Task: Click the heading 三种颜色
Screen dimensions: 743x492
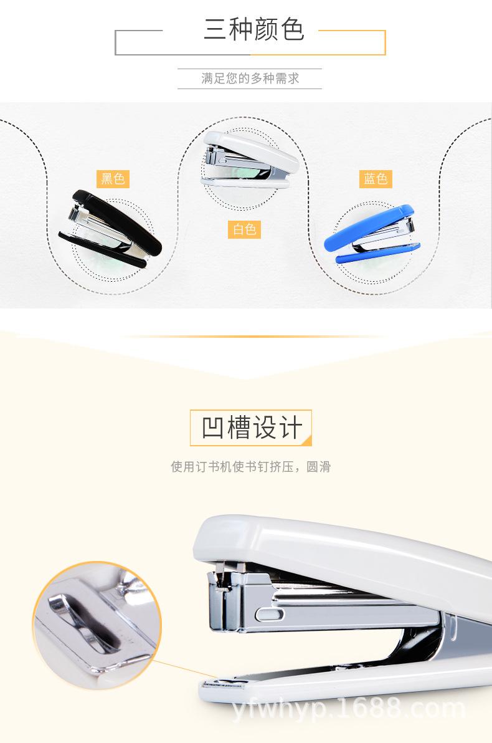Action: [x=253, y=29]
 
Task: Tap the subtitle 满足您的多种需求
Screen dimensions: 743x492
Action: [x=250, y=79]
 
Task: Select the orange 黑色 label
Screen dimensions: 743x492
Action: [x=113, y=179]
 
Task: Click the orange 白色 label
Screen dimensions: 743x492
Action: [x=244, y=229]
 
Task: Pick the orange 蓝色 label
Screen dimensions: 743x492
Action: [x=376, y=179]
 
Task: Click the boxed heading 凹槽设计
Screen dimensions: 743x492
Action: [x=250, y=428]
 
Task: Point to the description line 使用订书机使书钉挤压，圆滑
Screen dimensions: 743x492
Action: [x=250, y=467]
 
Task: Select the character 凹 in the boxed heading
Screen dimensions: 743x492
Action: [x=214, y=428]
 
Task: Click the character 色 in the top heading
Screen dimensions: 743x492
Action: [x=291, y=29]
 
